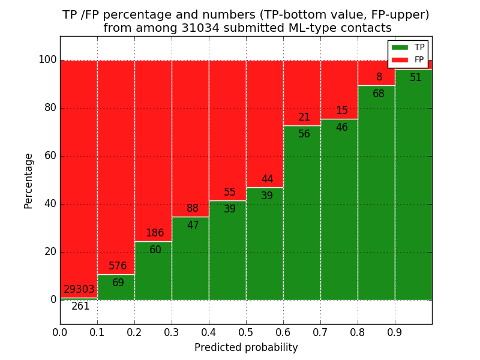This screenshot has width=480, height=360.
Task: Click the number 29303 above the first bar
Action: pos(79,290)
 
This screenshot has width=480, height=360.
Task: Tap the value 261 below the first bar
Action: pos(80,307)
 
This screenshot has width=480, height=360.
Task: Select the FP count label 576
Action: pos(118,266)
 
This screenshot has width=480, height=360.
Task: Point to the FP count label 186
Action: pos(155,233)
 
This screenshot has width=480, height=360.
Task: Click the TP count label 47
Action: pos(193,226)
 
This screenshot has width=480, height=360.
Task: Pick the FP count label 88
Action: pos(193,209)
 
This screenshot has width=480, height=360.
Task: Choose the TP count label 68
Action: pos(379,94)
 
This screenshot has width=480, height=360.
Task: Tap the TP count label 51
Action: pos(416,78)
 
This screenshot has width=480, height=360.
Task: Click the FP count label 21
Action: pos(304,118)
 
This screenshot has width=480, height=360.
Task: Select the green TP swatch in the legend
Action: pos(400,47)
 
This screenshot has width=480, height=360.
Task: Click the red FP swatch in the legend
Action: pos(400,59)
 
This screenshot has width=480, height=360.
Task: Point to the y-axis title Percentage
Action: pos(29,181)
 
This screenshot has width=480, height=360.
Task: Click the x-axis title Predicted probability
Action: pos(246,348)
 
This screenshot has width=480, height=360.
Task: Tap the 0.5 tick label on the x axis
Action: pos(246,331)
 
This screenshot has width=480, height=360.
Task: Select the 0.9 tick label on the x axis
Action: pos(395,331)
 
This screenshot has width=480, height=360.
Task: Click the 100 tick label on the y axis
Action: pos(47,60)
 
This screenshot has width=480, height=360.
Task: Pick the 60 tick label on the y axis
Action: pos(50,156)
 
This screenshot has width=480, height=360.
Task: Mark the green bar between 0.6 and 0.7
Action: pos(302,222)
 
